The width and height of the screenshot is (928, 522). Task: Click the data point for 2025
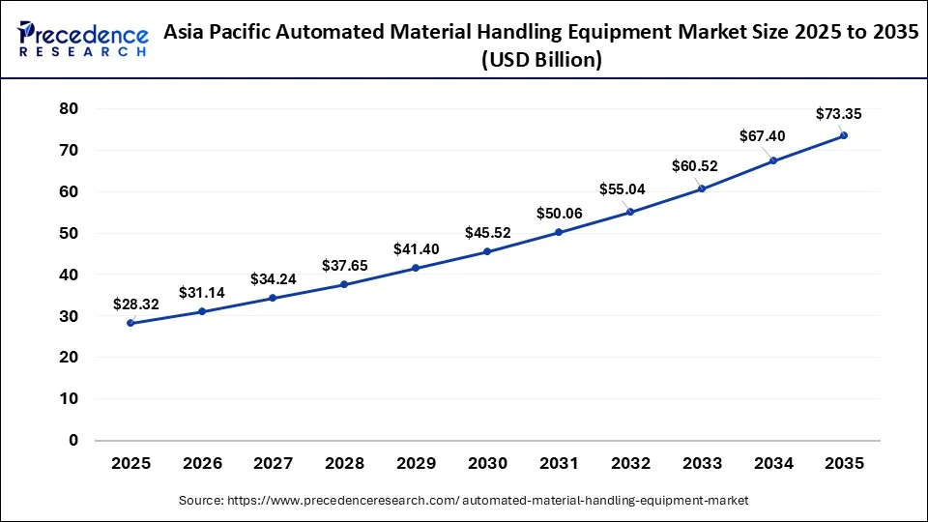click(130, 323)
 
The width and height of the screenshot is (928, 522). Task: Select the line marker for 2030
click(487, 251)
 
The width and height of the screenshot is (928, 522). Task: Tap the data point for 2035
click(844, 135)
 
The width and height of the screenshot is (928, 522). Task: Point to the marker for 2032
click(630, 212)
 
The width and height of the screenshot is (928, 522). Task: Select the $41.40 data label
click(416, 249)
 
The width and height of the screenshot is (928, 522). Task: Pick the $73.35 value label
click(838, 114)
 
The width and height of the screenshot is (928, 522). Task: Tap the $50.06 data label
click(559, 213)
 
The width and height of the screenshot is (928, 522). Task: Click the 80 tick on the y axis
click(68, 109)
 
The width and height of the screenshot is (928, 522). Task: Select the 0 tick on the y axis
click(72, 441)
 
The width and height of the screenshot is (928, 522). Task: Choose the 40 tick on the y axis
click(68, 275)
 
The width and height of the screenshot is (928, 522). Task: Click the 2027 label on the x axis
click(274, 464)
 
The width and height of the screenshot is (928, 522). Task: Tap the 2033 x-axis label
click(701, 464)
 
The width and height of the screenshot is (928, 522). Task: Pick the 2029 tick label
click(416, 464)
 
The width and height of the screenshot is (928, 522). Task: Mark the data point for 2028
click(344, 284)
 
